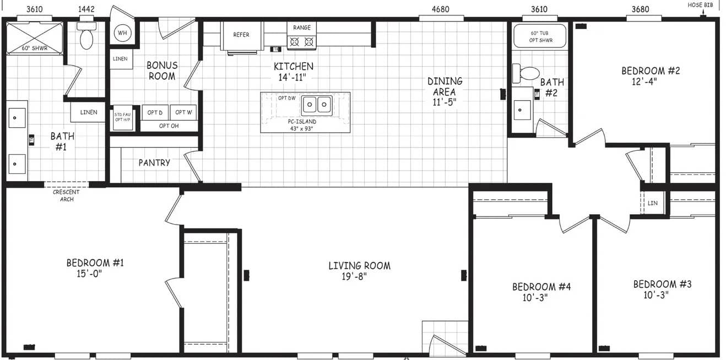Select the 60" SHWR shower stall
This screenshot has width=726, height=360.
[x=34, y=37]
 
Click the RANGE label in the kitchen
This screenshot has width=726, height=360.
[x=301, y=28]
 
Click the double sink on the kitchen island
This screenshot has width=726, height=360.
[x=317, y=104]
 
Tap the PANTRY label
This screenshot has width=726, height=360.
[x=154, y=163]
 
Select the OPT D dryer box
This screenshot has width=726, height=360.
[x=155, y=112]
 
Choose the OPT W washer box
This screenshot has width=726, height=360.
[x=183, y=112]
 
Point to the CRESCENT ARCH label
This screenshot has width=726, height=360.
[x=66, y=195]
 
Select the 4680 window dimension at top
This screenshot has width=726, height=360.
[x=440, y=9]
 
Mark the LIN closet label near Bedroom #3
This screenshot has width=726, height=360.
[x=653, y=203]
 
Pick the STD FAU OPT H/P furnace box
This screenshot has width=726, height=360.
[x=122, y=118]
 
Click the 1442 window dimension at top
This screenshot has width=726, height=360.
[x=86, y=9]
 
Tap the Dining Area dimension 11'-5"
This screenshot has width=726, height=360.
[x=444, y=102]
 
